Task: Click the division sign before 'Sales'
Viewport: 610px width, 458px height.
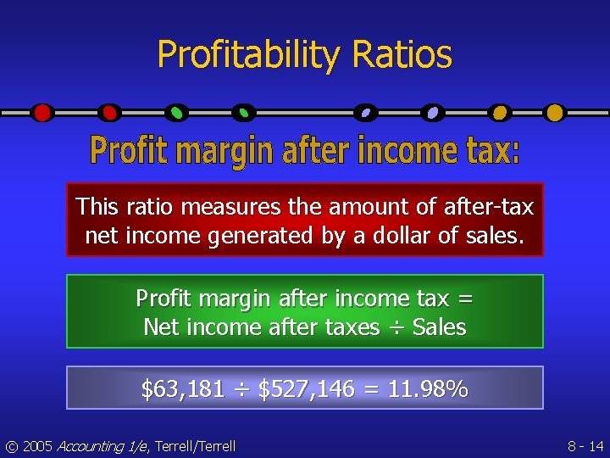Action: (x=396, y=327)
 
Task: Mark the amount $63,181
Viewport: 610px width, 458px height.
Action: (x=182, y=390)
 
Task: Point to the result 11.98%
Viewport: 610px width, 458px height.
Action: (x=428, y=390)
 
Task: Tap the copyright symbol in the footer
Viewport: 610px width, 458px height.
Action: (x=11, y=446)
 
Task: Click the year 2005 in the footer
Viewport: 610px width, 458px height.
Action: (x=38, y=446)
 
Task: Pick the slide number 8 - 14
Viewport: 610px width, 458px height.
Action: (x=585, y=446)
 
